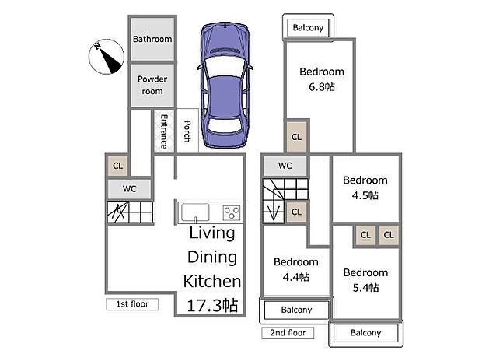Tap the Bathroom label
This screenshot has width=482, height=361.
[152, 39]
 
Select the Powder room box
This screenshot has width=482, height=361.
[152, 85]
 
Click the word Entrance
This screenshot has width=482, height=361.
[164, 131]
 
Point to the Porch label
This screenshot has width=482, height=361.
[187, 131]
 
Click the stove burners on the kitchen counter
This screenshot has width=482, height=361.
[232, 212]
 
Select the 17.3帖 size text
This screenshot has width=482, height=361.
[211, 304]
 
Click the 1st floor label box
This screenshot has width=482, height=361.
[132, 304]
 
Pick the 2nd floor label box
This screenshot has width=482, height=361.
[288, 333]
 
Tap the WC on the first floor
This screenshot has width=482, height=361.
[129, 188]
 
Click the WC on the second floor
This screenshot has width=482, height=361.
[285, 165]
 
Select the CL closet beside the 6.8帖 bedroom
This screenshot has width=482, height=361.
[296, 137]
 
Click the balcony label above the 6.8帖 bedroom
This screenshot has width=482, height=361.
[308, 28]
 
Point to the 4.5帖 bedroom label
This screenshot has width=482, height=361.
[365, 188]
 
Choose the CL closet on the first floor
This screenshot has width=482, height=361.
[117, 165]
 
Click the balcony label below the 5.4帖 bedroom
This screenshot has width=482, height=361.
[365, 333]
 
